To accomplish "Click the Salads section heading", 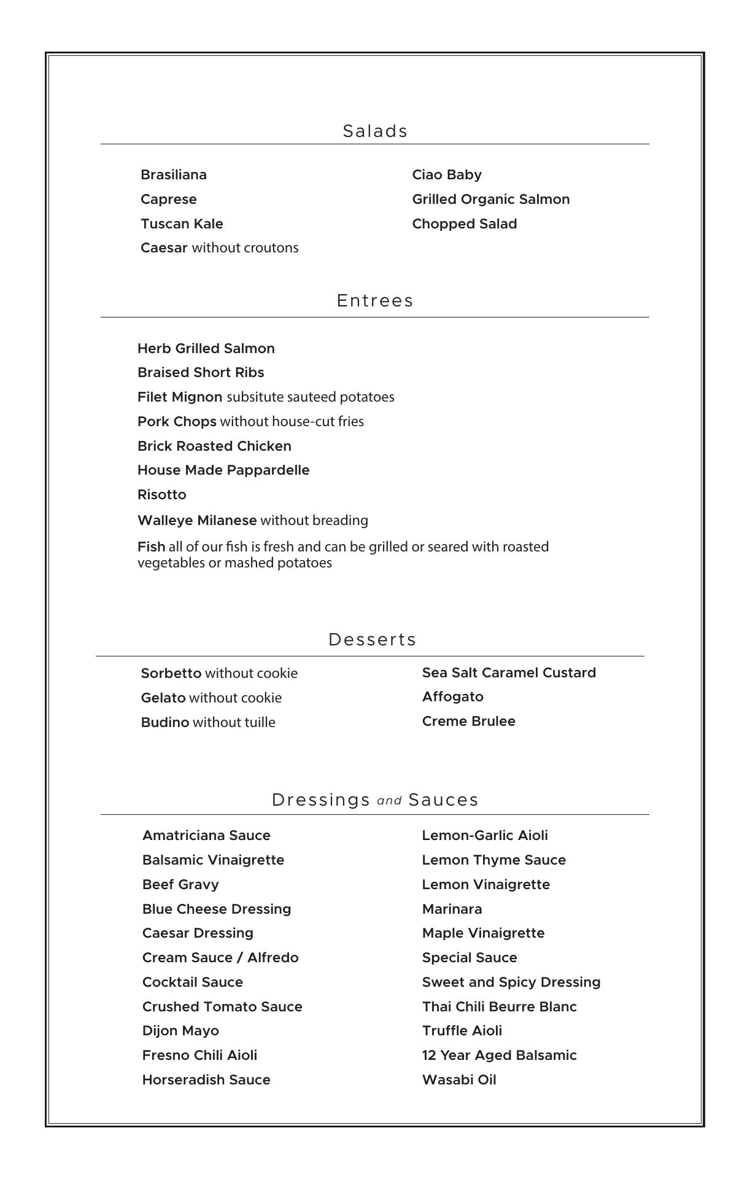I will pyautogui.click(x=375, y=131).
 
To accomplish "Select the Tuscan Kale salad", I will pyautogui.click(x=182, y=224).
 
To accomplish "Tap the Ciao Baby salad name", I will pyautogui.click(x=447, y=175).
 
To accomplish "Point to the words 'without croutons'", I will pyautogui.click(x=245, y=248).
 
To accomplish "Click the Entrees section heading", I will pyautogui.click(x=375, y=300).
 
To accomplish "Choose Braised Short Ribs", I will pyautogui.click(x=201, y=373).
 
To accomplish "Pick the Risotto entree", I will pyautogui.click(x=162, y=495).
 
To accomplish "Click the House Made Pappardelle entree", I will pyautogui.click(x=223, y=470).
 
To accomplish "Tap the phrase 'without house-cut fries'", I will pyautogui.click(x=292, y=422).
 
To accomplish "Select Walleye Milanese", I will pyautogui.click(x=197, y=521).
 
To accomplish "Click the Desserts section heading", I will pyautogui.click(x=373, y=639).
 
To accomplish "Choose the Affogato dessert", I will pyautogui.click(x=453, y=697).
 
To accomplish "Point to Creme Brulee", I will pyautogui.click(x=469, y=722).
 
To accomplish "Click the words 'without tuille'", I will pyautogui.click(x=234, y=723).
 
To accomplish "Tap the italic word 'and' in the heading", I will pyautogui.click(x=389, y=801).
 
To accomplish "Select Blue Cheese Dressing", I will pyautogui.click(x=217, y=909).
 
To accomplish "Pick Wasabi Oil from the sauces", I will pyautogui.click(x=459, y=1080).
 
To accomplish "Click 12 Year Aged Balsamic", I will pyautogui.click(x=500, y=1056).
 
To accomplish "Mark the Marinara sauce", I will pyautogui.click(x=452, y=909).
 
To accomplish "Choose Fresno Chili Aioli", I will pyautogui.click(x=200, y=1056).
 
